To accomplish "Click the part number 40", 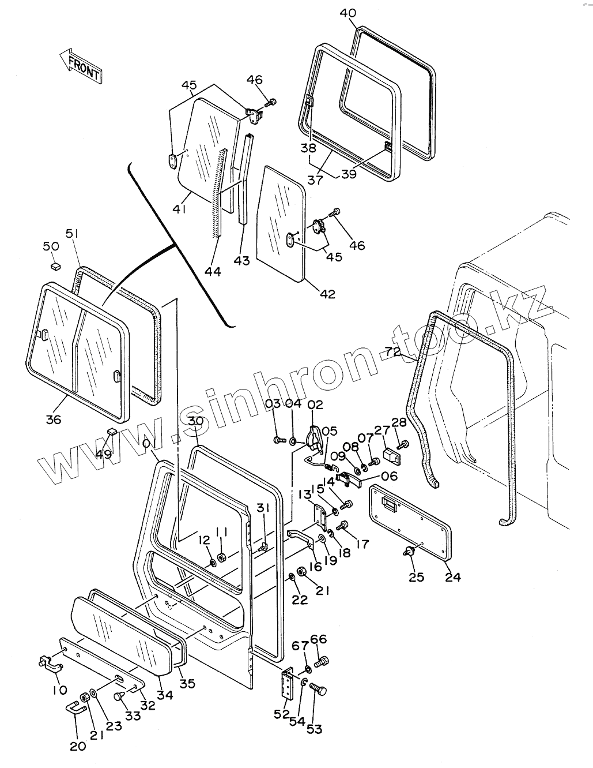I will coord(348,13).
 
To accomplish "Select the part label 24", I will coord(453,576).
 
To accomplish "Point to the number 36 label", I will coord(53,419).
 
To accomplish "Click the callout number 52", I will coord(281,714).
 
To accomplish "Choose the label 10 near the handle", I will coord(60,690).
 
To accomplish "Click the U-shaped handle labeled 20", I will coord(74,709).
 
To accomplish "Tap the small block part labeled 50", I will coord(55,266).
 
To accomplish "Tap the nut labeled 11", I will coord(222,558).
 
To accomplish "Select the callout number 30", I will coord(196,422).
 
